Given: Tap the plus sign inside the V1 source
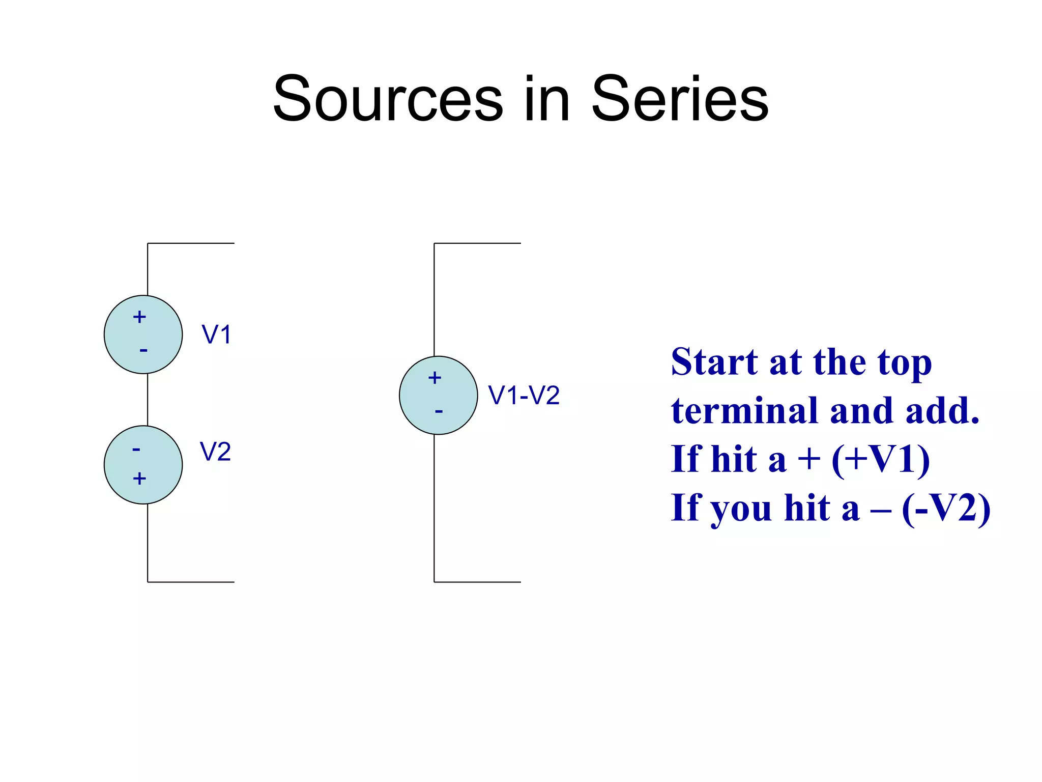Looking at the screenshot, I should [x=139, y=317].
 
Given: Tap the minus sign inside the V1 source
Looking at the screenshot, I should [x=143, y=350].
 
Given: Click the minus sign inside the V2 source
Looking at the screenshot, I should [x=136, y=449].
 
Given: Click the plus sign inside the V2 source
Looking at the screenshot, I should [x=139, y=479].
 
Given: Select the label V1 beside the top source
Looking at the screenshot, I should [x=217, y=335].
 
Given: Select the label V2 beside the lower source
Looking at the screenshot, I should [x=215, y=452].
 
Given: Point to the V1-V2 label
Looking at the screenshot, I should [x=524, y=395].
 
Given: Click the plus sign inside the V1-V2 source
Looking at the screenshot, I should [x=435, y=378].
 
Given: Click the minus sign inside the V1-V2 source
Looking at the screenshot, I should [x=439, y=411].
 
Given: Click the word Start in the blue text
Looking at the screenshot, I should [x=714, y=362].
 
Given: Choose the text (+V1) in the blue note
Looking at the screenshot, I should [x=880, y=459].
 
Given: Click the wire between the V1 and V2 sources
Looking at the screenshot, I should [x=148, y=400].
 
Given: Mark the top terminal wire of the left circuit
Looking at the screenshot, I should [x=191, y=243].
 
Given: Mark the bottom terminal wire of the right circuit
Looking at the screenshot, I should [x=477, y=582].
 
